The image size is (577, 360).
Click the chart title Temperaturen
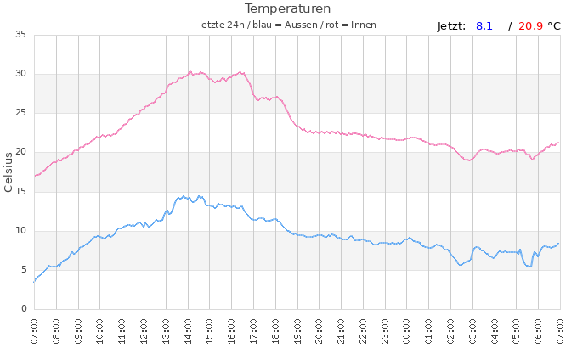click(x=287, y=8)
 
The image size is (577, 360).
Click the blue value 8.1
click(x=484, y=26)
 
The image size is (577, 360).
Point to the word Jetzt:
click(x=451, y=26)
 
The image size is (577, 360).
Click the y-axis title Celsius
click(x=9, y=172)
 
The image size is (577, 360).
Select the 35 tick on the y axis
click(x=20, y=35)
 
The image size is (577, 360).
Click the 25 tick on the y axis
click(x=20, y=113)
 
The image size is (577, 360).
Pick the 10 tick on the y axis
click(x=20, y=230)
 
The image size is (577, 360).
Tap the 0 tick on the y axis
click(x=24, y=309)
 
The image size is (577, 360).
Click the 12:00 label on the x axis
click(x=144, y=330)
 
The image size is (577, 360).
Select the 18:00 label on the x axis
click(x=275, y=330)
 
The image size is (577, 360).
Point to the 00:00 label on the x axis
click(x=407, y=330)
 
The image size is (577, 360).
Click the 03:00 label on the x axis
click(x=472, y=330)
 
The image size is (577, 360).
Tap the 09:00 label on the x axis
click(x=78, y=330)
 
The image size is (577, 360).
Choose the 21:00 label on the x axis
click(x=341, y=330)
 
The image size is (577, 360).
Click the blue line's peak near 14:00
click(x=183, y=197)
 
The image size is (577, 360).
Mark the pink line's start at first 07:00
click(x=35, y=176)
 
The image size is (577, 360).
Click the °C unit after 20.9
click(x=554, y=26)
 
